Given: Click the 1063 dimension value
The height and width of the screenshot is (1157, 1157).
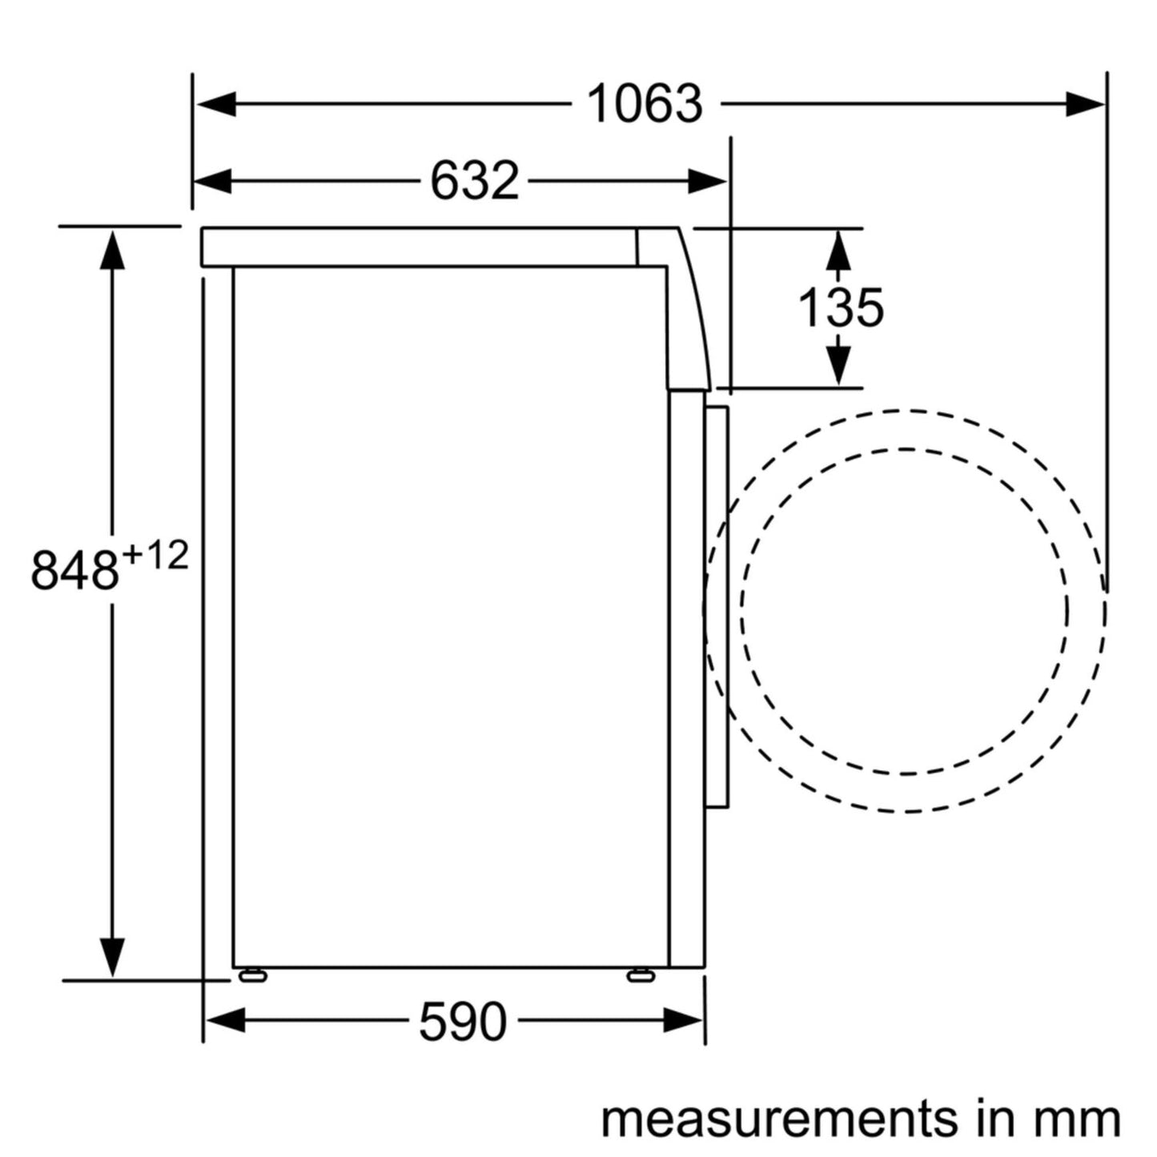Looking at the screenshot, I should pos(645,104).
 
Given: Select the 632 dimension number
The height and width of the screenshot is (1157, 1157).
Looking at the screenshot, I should pos(475,181).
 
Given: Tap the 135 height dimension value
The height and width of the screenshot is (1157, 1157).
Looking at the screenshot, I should pos(841,307).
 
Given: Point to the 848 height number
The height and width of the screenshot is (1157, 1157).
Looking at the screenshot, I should pos(74,570).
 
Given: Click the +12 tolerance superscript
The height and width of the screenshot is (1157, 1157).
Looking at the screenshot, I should pos(156,555).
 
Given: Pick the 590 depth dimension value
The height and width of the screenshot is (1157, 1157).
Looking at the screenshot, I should pos(463,1022).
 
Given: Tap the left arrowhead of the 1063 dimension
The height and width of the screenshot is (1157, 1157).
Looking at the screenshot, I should pos(217,104).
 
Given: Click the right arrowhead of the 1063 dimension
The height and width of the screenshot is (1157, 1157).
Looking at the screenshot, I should pos(1085,104).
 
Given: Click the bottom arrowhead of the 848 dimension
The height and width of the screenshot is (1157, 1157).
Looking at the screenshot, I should pos(112,957).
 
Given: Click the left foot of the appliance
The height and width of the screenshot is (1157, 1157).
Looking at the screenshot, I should pos(252,975).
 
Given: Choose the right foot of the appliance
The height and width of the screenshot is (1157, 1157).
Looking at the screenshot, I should pos(641,975).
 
